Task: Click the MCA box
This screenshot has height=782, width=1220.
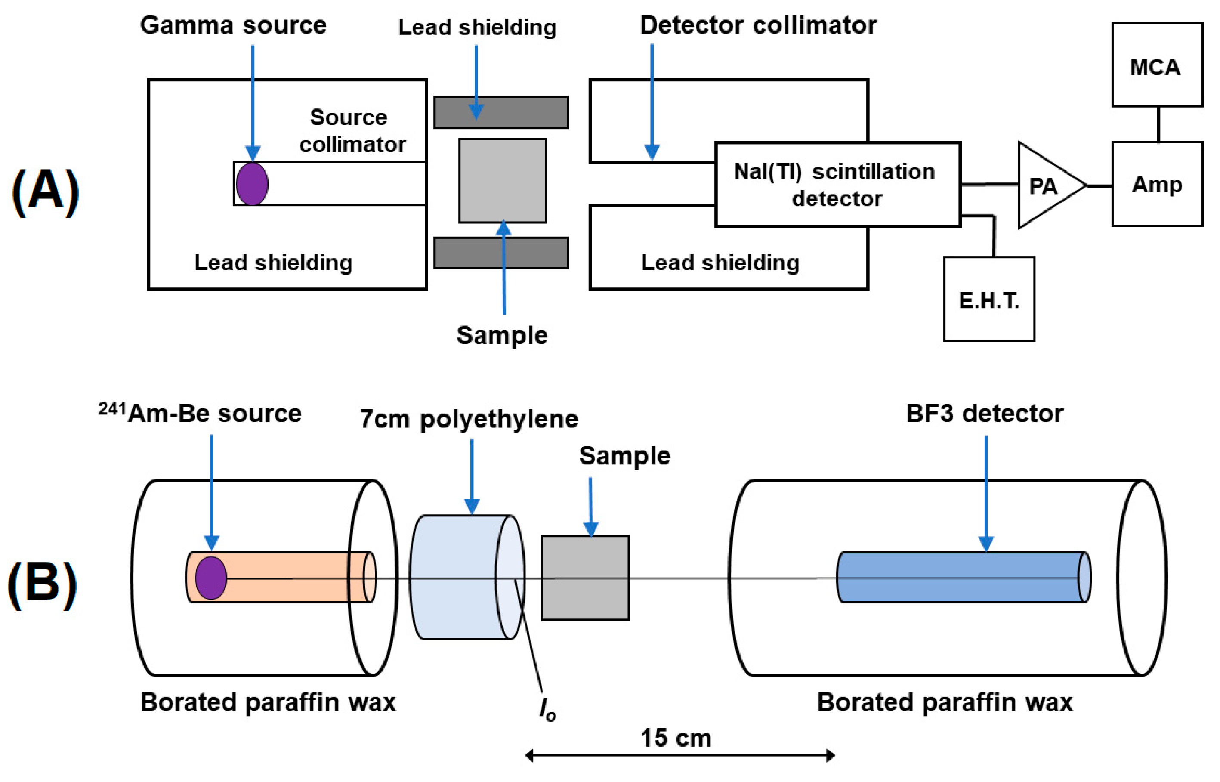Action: [1157, 65]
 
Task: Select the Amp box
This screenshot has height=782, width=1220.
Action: [1157, 184]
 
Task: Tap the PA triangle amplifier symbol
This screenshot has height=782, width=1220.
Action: [1046, 186]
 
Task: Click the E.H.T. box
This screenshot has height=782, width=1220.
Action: [988, 299]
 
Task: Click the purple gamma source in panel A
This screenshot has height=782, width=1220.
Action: [252, 184]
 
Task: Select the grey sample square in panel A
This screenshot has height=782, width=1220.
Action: [502, 181]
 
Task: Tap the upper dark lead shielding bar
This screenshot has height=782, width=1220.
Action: [500, 112]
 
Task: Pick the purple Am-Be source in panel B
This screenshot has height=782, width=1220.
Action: [211, 578]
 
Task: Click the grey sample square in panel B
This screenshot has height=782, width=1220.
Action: [585, 578]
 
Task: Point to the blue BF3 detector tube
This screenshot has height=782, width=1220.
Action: [960, 578]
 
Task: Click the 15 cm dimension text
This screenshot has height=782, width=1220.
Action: [675, 738]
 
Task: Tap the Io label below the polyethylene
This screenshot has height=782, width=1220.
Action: [547, 709]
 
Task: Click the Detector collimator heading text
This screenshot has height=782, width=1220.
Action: [757, 25]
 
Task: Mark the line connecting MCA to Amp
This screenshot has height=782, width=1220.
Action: [1158, 124]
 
